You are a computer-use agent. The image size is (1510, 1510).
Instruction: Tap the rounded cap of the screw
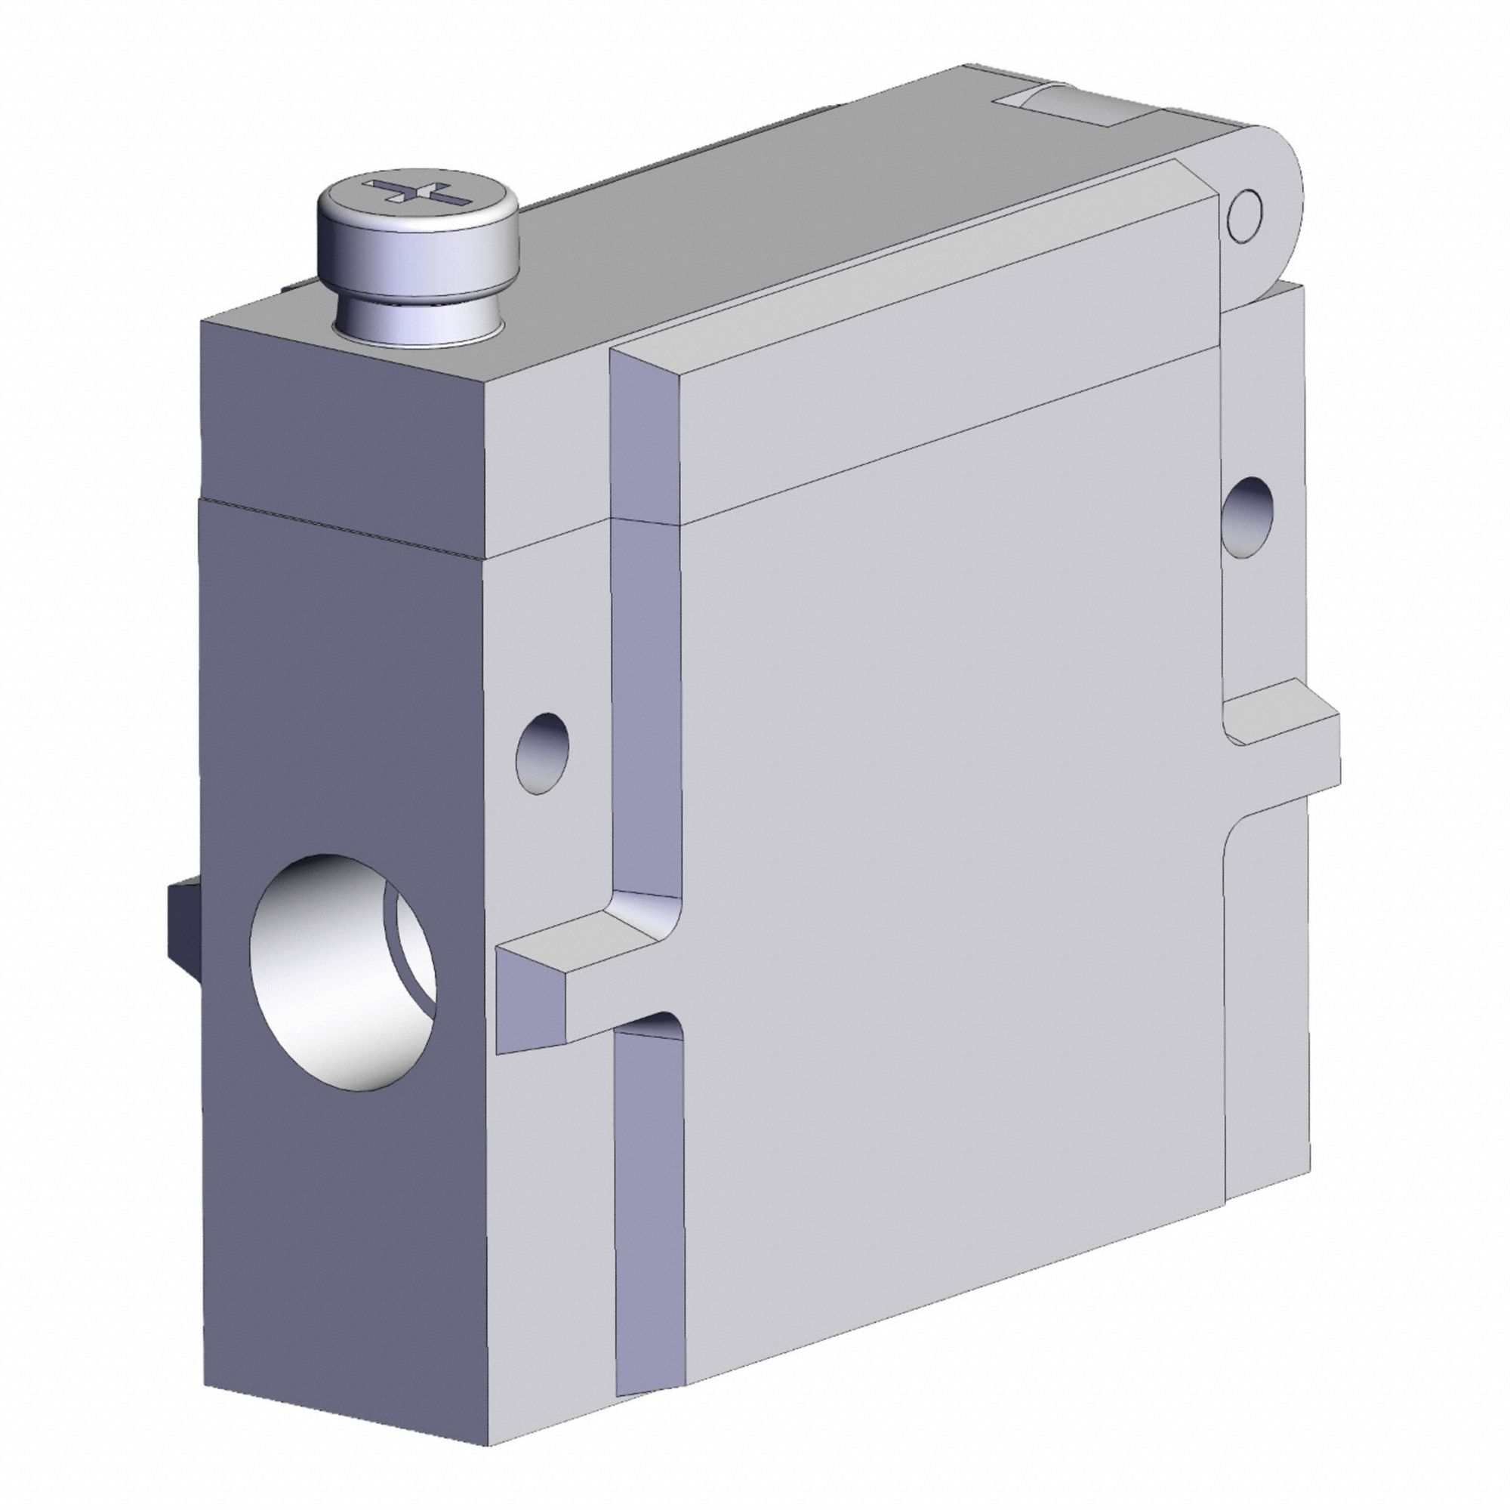[418, 235]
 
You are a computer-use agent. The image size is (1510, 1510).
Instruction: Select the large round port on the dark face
[344, 971]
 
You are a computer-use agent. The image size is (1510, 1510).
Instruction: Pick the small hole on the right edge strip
[1248, 516]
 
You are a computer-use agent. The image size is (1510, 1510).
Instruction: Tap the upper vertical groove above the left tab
[644, 704]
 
